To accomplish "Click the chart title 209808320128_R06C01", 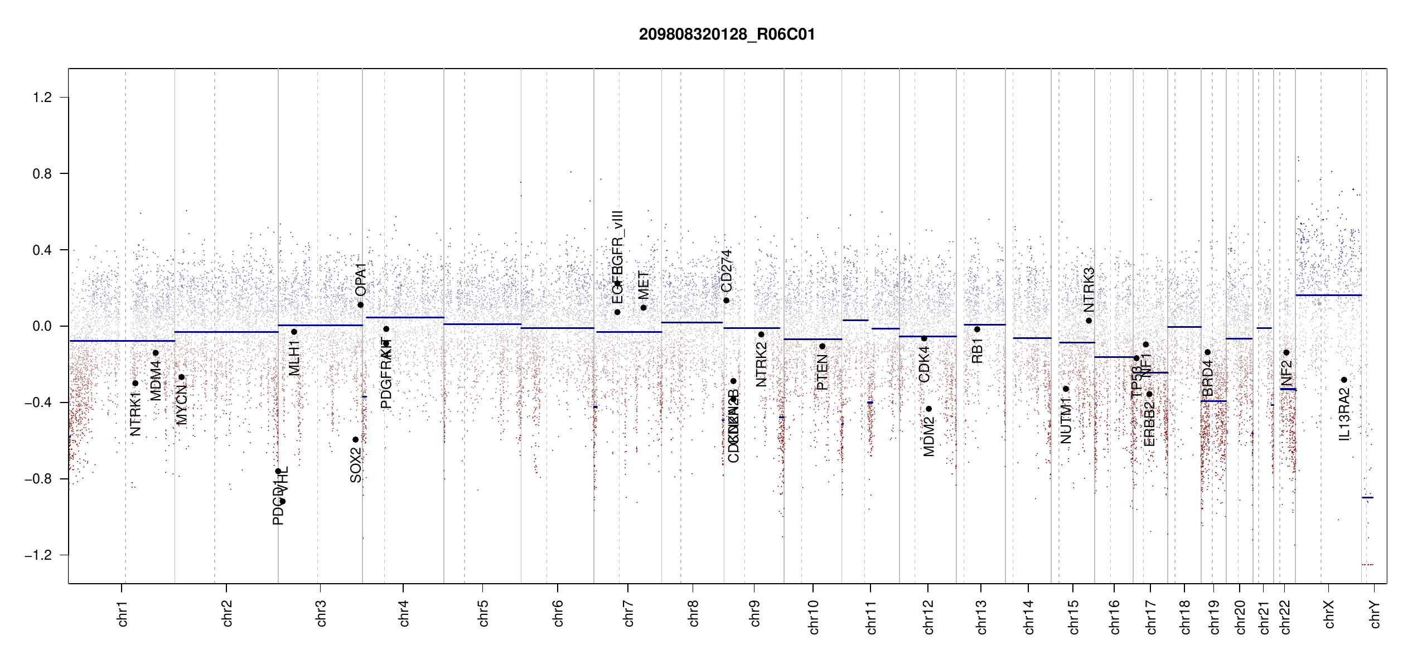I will [727, 35].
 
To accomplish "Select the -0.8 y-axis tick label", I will [38, 479].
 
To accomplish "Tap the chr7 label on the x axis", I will [628, 613].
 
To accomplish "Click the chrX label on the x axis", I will [1329, 614].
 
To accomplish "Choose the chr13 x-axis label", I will [981, 617].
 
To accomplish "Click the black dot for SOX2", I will [355, 440].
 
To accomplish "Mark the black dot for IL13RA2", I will [1344, 380].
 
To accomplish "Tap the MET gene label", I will [644, 285].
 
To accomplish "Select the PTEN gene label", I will [822, 372].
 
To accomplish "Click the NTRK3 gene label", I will [1089, 289].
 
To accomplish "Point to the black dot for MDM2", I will [929, 409].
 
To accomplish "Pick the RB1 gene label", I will [977, 351].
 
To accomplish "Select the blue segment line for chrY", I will [1367, 497].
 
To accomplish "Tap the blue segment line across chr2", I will [226, 332].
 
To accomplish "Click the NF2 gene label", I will [1286, 374].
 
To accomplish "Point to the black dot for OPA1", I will [361, 305].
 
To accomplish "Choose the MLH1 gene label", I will [294, 358].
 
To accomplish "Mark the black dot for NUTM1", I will [1066, 389].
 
